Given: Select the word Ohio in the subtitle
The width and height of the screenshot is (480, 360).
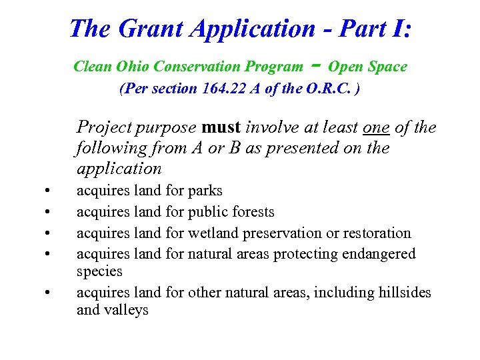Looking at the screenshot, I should click(133, 67).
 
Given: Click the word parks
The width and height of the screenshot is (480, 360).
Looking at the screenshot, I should click(205, 191).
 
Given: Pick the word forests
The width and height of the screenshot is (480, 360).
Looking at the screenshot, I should click(251, 212).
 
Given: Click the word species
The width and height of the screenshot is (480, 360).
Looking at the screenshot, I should click(100, 271).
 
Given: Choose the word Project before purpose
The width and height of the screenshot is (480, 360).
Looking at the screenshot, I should click(103, 127).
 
